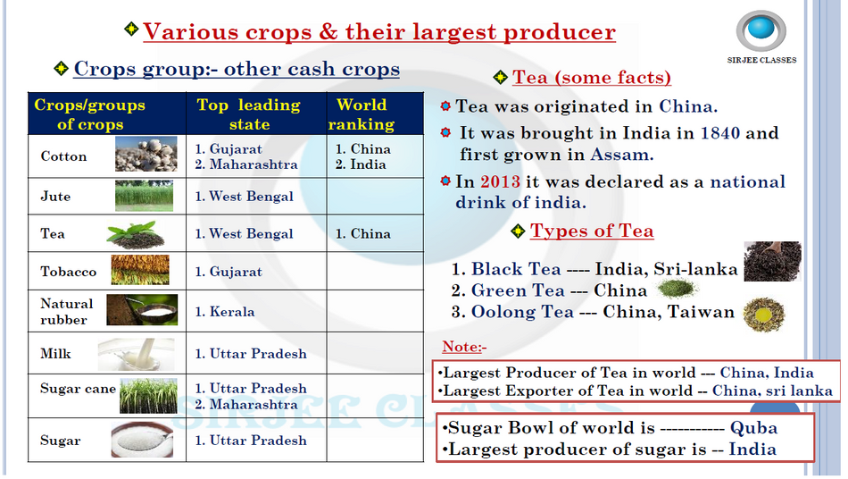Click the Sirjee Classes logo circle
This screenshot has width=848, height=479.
point(761,31)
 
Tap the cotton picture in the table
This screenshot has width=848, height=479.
point(146,154)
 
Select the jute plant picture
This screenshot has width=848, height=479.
point(144,196)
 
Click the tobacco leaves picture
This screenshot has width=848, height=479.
point(140,270)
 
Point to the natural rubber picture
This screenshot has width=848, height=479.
point(142,309)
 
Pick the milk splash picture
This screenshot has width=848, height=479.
point(137,354)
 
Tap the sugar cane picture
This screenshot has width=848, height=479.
point(148,396)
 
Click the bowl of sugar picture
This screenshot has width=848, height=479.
point(142,440)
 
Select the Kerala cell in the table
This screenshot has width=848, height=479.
point(256,311)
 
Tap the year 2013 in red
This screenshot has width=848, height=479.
point(500,181)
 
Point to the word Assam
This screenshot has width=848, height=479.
point(621,155)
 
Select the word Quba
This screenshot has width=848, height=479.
point(753,428)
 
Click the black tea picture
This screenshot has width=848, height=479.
point(772,262)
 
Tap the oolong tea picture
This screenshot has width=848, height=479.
point(763,314)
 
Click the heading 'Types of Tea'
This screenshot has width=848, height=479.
point(592,231)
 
